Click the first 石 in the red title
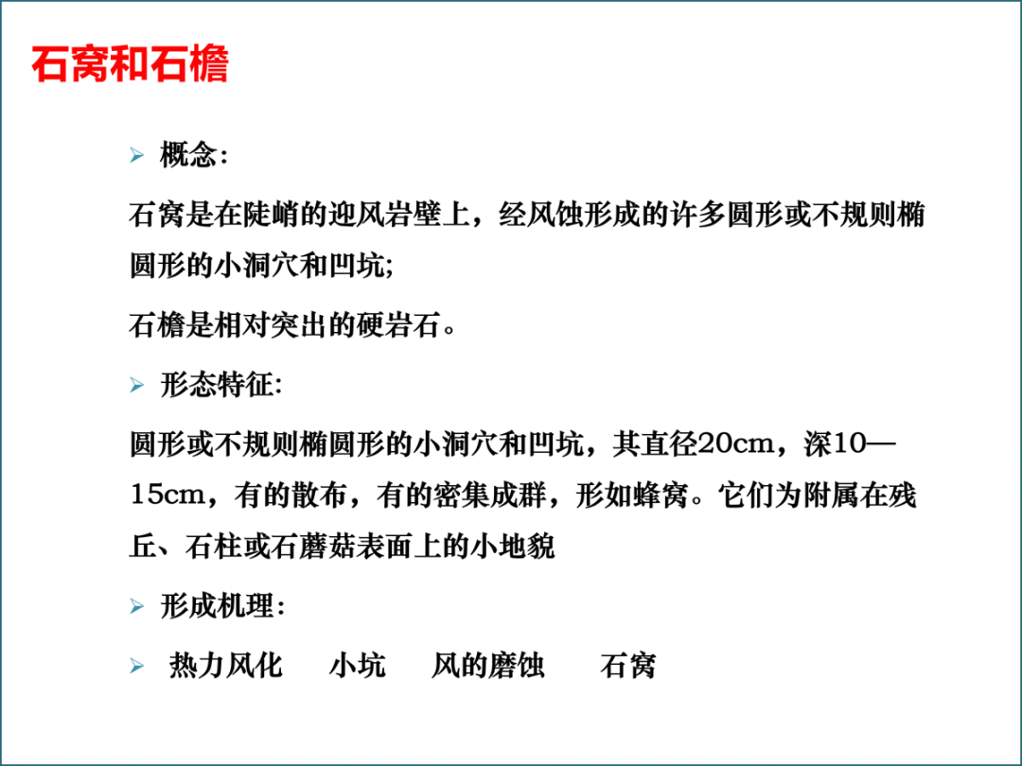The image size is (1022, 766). point(51,64)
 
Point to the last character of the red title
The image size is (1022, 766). point(209,64)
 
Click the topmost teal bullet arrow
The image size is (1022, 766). point(138,155)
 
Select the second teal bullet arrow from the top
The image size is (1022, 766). point(138,383)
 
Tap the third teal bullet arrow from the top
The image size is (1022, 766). point(138,605)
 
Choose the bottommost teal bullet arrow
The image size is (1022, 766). point(138,666)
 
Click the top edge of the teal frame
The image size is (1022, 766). point(511,4)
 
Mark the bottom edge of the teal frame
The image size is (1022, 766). point(511,761)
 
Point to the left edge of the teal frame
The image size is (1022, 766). point(4,383)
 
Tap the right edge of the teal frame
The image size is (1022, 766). point(1017,383)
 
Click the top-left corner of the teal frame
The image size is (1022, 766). point(4,4)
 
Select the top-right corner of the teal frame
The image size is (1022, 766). point(1017,4)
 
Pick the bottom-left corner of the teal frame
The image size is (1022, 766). point(4,761)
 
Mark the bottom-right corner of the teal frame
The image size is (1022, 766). point(1017,761)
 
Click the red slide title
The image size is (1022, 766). point(131,64)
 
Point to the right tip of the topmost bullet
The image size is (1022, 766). point(149,155)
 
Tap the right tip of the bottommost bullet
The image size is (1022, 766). point(149,666)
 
